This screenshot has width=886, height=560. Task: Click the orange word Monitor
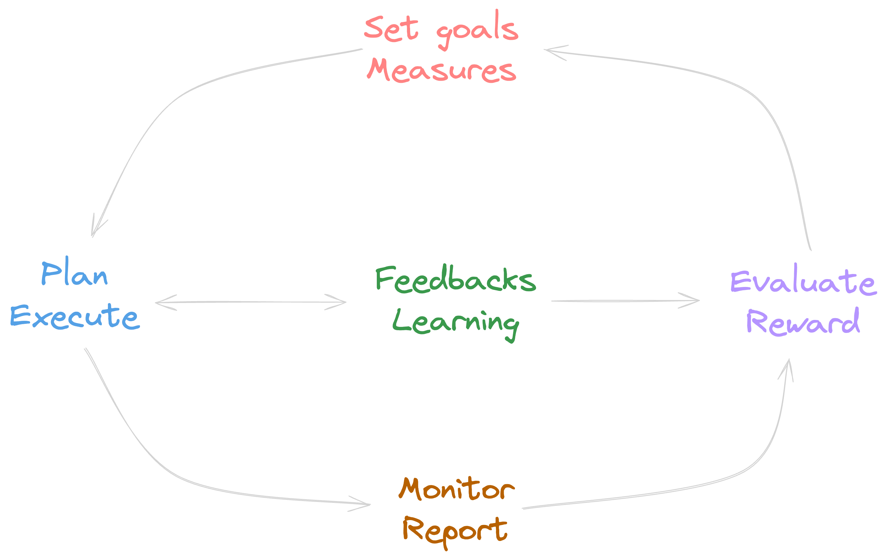point(456,490)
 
